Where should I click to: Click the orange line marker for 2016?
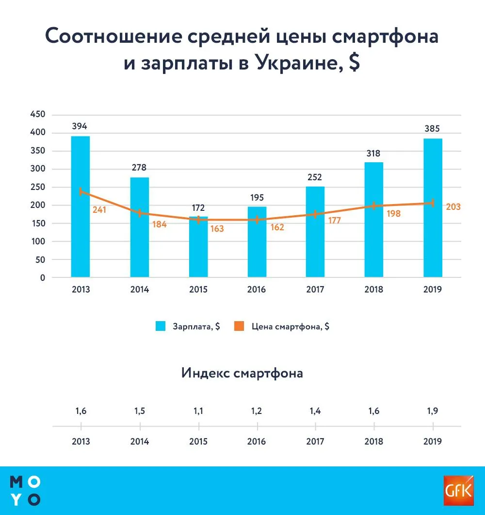tap(257, 220)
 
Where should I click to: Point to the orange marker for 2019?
tap(433, 203)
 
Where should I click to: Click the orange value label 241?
tap(99, 210)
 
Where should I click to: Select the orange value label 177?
tap(334, 221)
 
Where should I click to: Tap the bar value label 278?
tap(139, 168)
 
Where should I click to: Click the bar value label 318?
tap(373, 153)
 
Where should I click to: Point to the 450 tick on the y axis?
tap(38, 115)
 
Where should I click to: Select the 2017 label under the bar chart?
tap(315, 290)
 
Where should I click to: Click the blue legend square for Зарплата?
tap(161, 326)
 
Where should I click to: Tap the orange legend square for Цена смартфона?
tap(239, 326)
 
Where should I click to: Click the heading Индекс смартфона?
tap(242, 373)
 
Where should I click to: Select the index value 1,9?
tap(433, 411)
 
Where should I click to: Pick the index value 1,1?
tap(198, 411)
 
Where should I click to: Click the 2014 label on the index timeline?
tap(139, 442)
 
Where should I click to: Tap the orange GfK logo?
tap(457, 490)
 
